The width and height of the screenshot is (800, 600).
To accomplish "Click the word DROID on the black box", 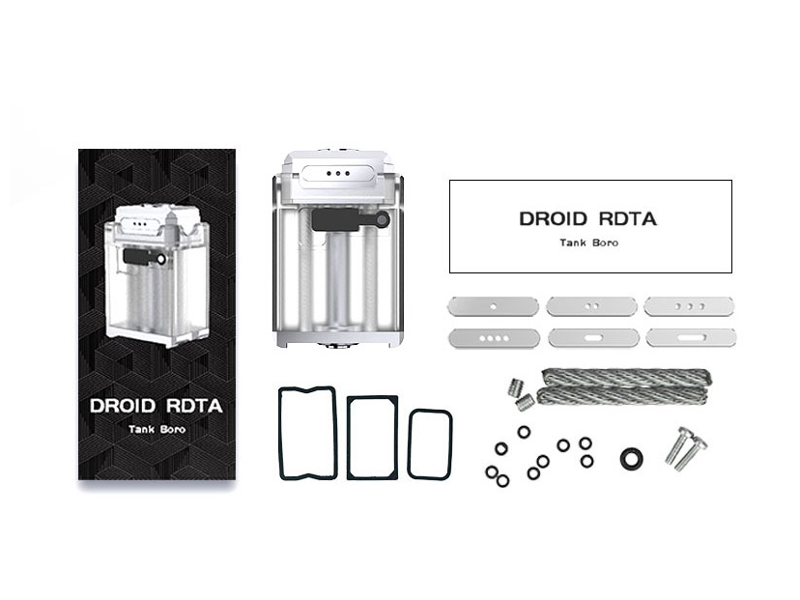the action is [x=123, y=406].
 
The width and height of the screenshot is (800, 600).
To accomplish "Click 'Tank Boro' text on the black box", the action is [x=157, y=430].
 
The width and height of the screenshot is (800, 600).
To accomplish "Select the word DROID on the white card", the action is [x=553, y=219].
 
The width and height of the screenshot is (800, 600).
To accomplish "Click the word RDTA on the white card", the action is [x=627, y=219].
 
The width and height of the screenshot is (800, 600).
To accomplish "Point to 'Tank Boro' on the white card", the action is [x=588, y=243].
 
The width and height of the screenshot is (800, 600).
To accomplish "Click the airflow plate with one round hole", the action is [x=493, y=307].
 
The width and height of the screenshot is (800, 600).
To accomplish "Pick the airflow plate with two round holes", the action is [x=592, y=306].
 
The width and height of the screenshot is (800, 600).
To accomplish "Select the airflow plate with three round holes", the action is [x=689, y=306].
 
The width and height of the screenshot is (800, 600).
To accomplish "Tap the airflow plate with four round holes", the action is [x=495, y=338].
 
